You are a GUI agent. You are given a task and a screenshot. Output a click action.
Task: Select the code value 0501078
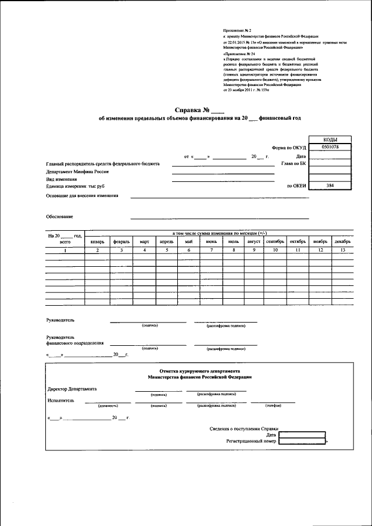point(330,148)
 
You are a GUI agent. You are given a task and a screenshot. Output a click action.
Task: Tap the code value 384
point(330,185)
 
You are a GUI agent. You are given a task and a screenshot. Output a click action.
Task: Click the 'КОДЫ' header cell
point(330,139)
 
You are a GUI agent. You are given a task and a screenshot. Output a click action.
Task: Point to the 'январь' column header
point(98,241)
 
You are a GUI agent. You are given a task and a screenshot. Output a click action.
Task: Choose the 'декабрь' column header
point(342,241)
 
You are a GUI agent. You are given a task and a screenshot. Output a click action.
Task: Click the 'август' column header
point(254,241)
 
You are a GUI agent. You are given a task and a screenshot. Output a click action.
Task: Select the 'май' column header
point(189,241)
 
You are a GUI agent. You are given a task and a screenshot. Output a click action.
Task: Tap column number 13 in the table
point(342,250)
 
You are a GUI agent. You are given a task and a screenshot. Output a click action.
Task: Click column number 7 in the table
point(212,250)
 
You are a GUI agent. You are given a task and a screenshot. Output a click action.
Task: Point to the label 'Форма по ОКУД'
point(289,148)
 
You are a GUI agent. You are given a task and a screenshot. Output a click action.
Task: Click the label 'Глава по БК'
point(294,164)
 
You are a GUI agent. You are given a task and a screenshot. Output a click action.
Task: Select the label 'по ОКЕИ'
point(296,186)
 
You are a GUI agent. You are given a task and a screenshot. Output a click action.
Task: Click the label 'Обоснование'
point(59,216)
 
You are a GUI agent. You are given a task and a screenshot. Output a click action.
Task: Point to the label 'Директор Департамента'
point(71,388)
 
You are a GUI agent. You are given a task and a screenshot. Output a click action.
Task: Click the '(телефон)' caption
point(273,406)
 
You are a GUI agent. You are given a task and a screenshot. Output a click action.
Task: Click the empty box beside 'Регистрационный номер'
point(302,441)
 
